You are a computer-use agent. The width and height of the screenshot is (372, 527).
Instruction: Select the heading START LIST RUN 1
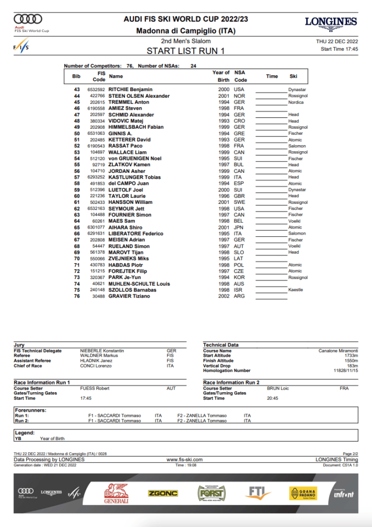(x=185, y=51)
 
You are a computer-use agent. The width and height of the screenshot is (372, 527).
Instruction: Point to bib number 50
(x=77, y=133)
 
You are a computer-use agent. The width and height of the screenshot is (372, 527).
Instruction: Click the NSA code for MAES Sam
(x=239, y=221)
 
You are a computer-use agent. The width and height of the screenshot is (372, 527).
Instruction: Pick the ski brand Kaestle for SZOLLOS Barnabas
(x=296, y=290)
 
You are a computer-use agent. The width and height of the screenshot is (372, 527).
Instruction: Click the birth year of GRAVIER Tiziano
(x=224, y=296)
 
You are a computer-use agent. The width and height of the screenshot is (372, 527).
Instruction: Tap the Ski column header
(x=293, y=76)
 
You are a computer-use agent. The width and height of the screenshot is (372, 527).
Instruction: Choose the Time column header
(x=272, y=76)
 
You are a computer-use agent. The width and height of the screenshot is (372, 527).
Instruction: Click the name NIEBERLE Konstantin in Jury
(x=102, y=351)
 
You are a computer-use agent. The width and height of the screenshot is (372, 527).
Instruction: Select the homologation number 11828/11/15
(x=345, y=371)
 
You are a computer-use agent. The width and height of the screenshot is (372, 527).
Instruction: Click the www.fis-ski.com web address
(x=184, y=460)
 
